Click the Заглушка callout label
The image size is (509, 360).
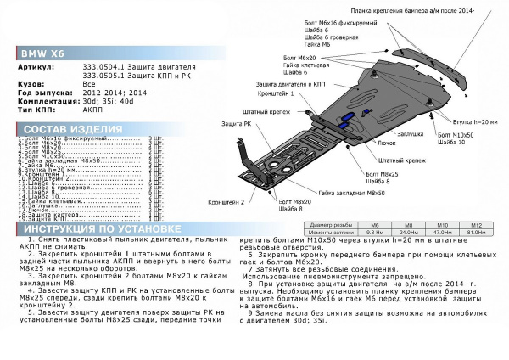click(411, 133)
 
